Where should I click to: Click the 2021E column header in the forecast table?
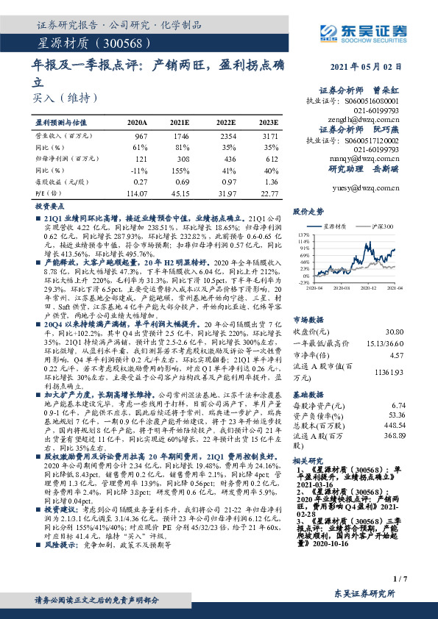[180, 123]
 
